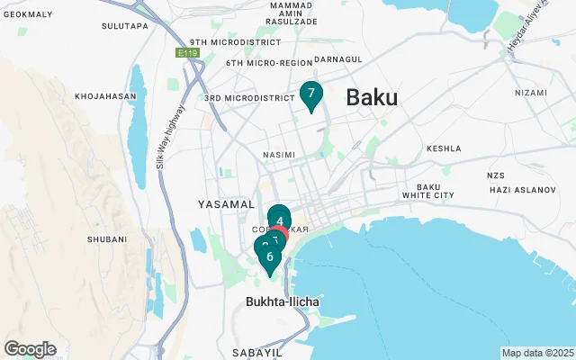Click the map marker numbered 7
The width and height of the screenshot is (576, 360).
310,94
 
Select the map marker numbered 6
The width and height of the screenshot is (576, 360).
269,257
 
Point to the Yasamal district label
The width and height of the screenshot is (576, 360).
227,204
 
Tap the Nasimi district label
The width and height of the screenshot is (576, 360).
278,155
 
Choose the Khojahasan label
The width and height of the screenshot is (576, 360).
105,95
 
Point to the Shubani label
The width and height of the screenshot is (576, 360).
105,238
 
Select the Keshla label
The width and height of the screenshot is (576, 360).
444,148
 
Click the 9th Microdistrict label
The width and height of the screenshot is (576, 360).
226,42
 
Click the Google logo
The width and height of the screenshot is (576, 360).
30,349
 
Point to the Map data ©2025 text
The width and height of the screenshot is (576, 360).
536,353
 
